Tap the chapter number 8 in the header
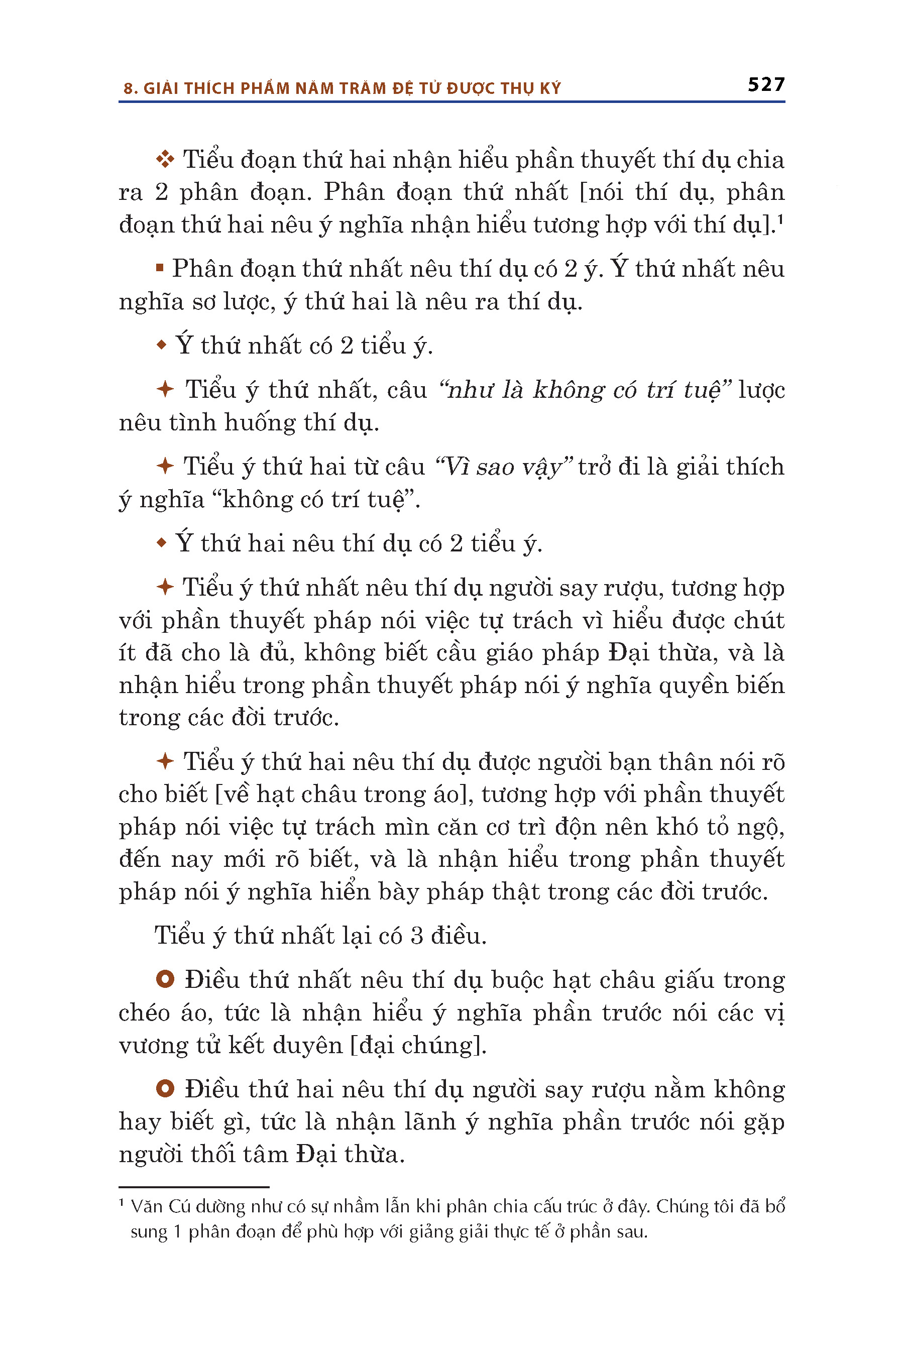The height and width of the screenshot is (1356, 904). (128, 89)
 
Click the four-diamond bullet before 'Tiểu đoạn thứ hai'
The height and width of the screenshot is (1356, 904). (165, 160)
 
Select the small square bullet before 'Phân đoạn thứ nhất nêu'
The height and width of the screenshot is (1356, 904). (160, 268)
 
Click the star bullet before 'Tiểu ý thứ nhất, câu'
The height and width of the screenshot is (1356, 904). (165, 389)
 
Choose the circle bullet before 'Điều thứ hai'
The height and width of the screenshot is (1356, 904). (165, 1088)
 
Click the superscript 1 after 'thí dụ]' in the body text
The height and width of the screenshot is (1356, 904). (780, 218)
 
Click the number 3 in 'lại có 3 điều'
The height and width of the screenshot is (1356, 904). (417, 936)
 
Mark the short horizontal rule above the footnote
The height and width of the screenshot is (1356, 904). (194, 1187)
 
